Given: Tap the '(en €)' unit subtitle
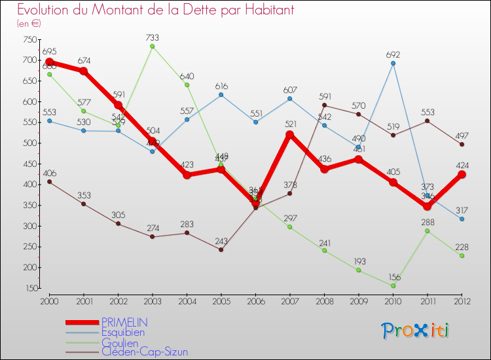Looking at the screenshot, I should (29, 23).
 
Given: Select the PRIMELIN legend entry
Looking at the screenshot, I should (124, 322).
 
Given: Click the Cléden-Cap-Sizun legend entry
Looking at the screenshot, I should (144, 351).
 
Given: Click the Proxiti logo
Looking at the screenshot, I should (415, 331).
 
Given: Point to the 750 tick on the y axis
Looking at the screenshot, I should (29, 40).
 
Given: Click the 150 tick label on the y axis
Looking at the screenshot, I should (29, 288).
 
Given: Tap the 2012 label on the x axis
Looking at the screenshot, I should (462, 300).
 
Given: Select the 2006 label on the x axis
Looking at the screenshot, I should (255, 300).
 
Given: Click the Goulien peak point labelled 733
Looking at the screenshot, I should (153, 46).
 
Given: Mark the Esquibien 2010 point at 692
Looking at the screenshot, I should (393, 63).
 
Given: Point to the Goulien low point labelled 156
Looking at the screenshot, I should (393, 285).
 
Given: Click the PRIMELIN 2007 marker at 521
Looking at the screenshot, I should (290, 134).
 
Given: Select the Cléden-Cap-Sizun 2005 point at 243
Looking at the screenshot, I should (221, 249).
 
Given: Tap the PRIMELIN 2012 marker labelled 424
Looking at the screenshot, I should (462, 174).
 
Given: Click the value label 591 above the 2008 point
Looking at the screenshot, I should (325, 96).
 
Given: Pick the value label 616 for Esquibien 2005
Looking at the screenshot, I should (221, 86).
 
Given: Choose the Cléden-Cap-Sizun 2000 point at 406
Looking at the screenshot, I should (49, 182).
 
